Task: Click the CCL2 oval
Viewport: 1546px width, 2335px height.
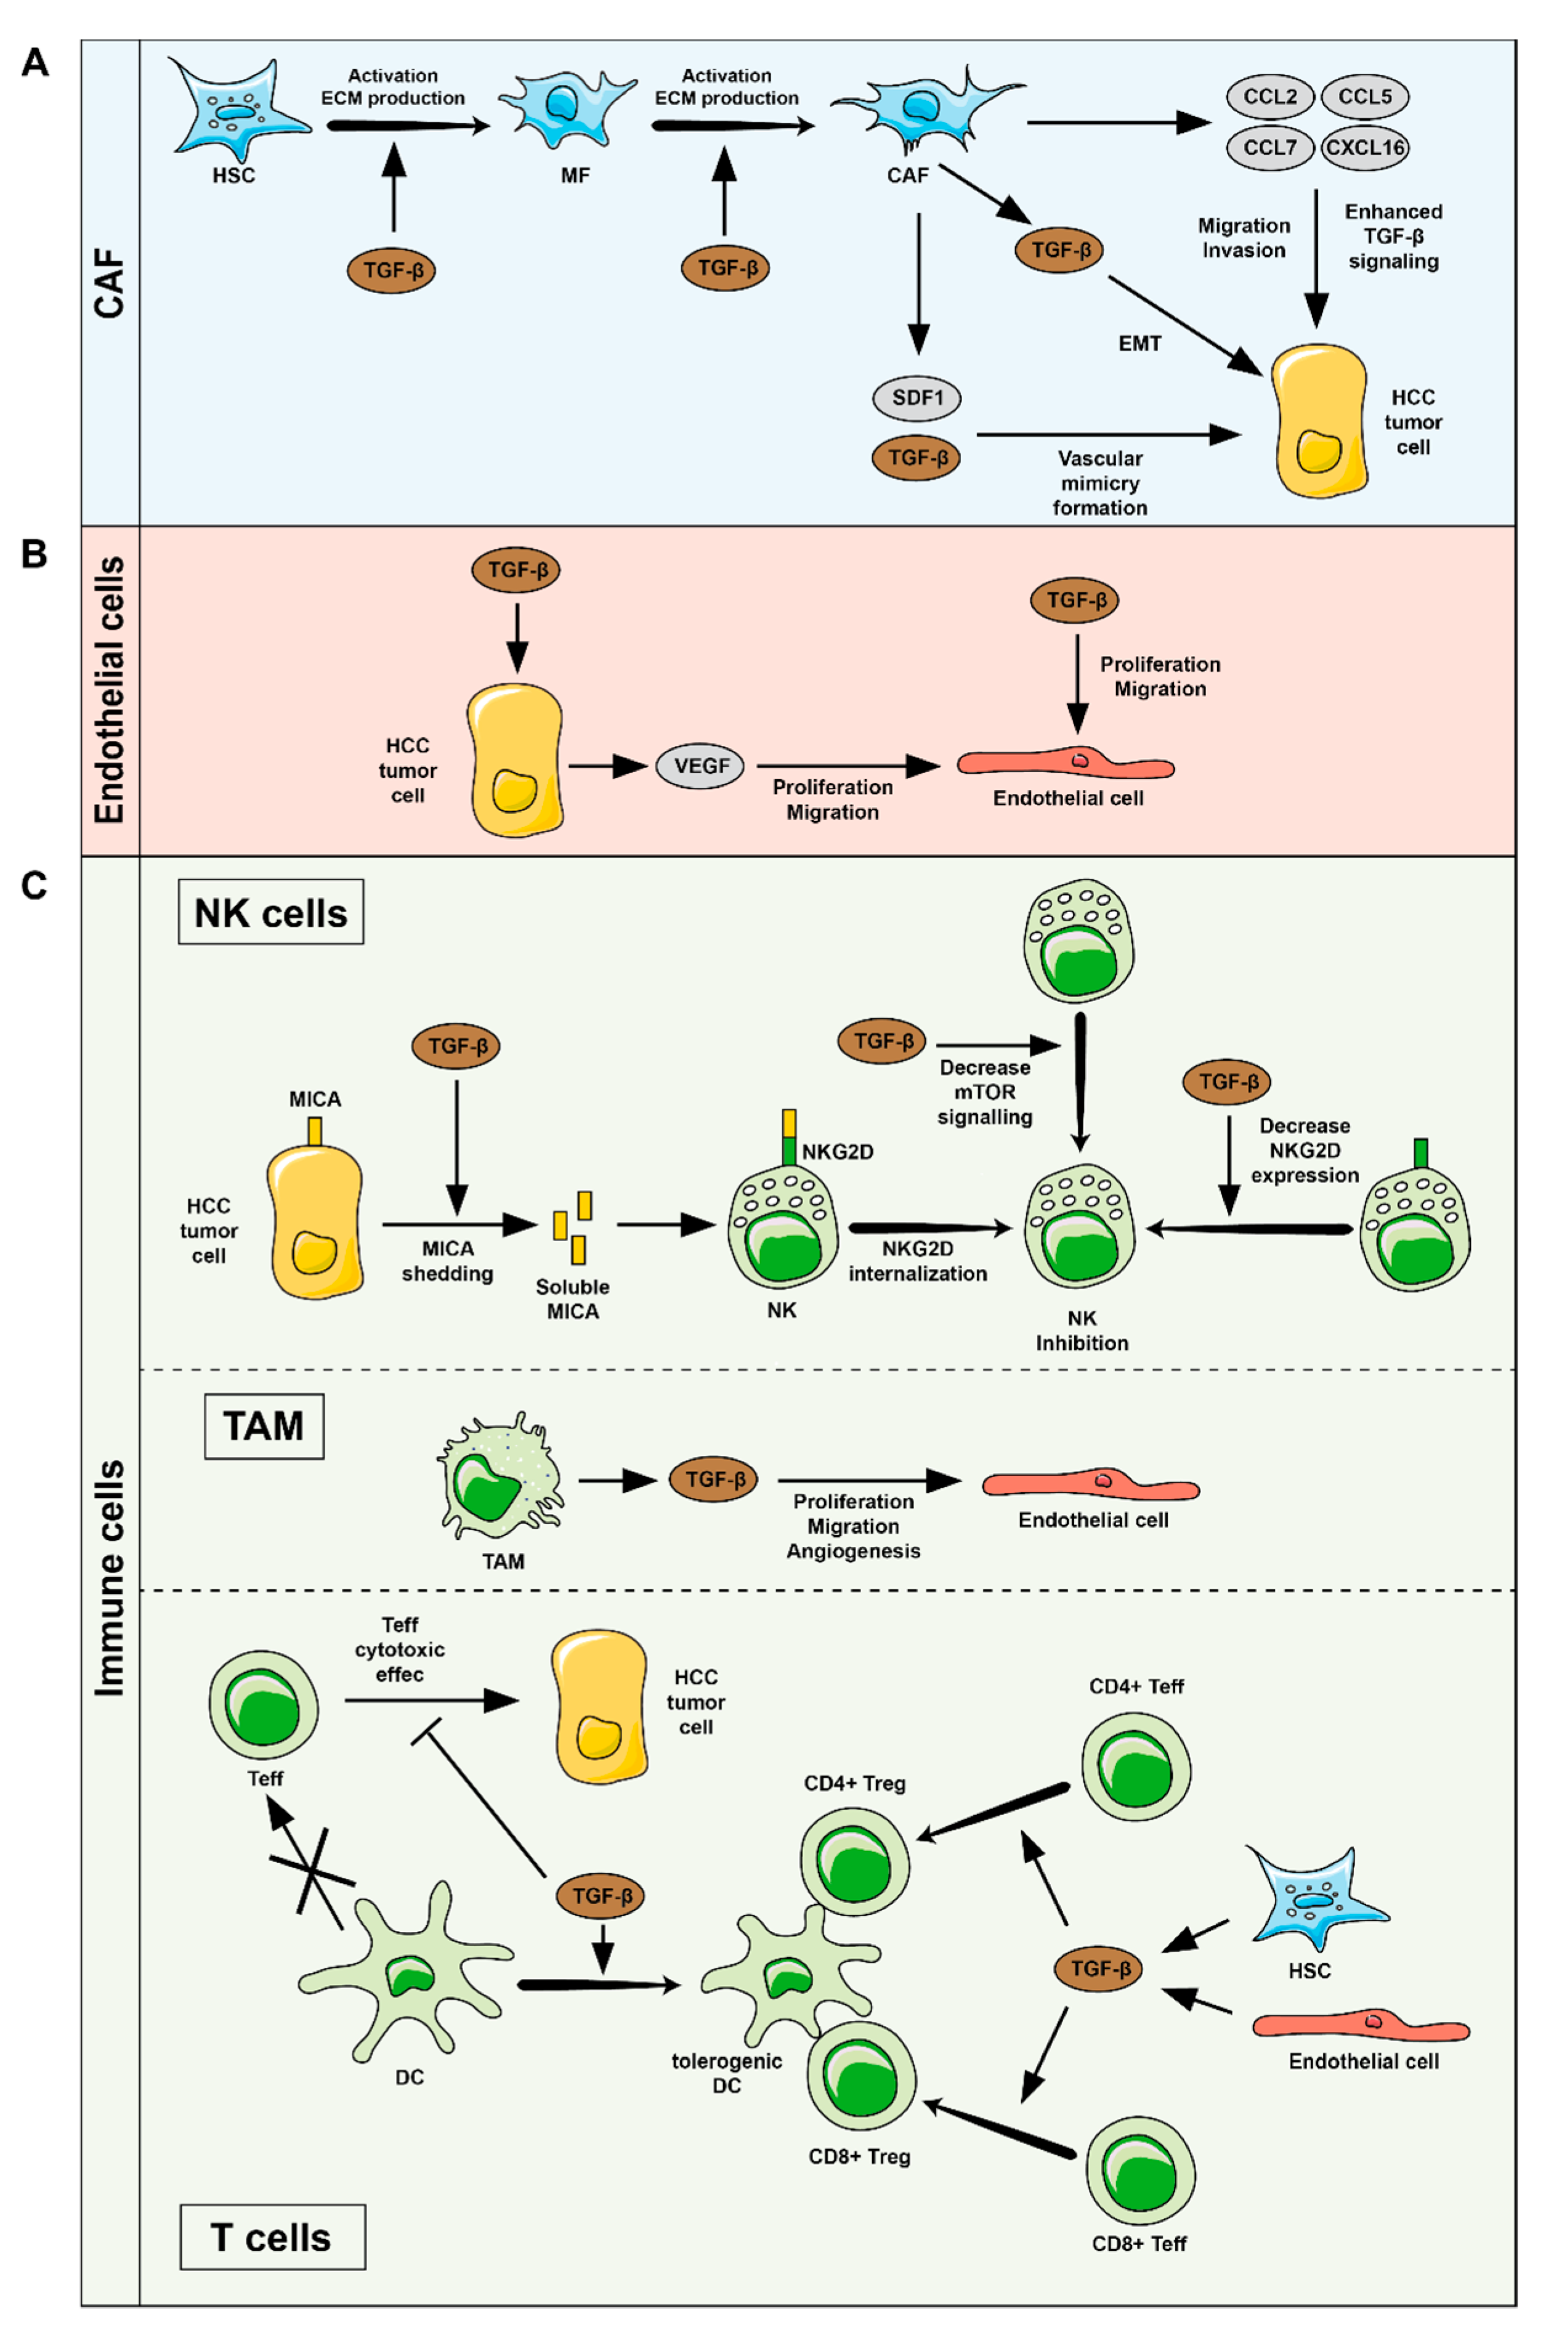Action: click(x=1270, y=97)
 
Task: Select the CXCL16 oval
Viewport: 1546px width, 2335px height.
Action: click(x=1364, y=148)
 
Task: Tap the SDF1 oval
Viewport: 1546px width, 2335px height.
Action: click(x=917, y=399)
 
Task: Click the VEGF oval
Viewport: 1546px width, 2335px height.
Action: click(x=701, y=766)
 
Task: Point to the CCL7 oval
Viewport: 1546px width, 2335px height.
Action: click(x=1270, y=148)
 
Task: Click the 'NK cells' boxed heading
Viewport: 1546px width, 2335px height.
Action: click(x=271, y=913)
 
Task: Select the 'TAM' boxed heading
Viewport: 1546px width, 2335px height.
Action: click(x=263, y=1426)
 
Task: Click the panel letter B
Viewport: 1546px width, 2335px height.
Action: click(x=34, y=554)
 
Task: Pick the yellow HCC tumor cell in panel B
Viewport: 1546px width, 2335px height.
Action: click(x=515, y=760)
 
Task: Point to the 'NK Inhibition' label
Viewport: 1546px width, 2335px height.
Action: click(x=1082, y=1330)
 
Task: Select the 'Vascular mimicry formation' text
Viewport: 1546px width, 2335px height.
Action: click(x=1100, y=483)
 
